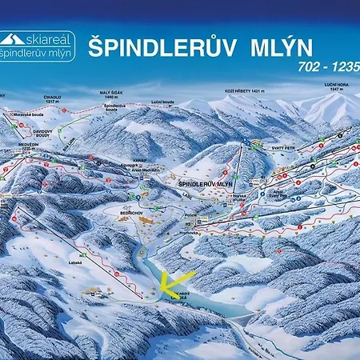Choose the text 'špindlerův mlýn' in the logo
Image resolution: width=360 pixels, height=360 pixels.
(x=38, y=54)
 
